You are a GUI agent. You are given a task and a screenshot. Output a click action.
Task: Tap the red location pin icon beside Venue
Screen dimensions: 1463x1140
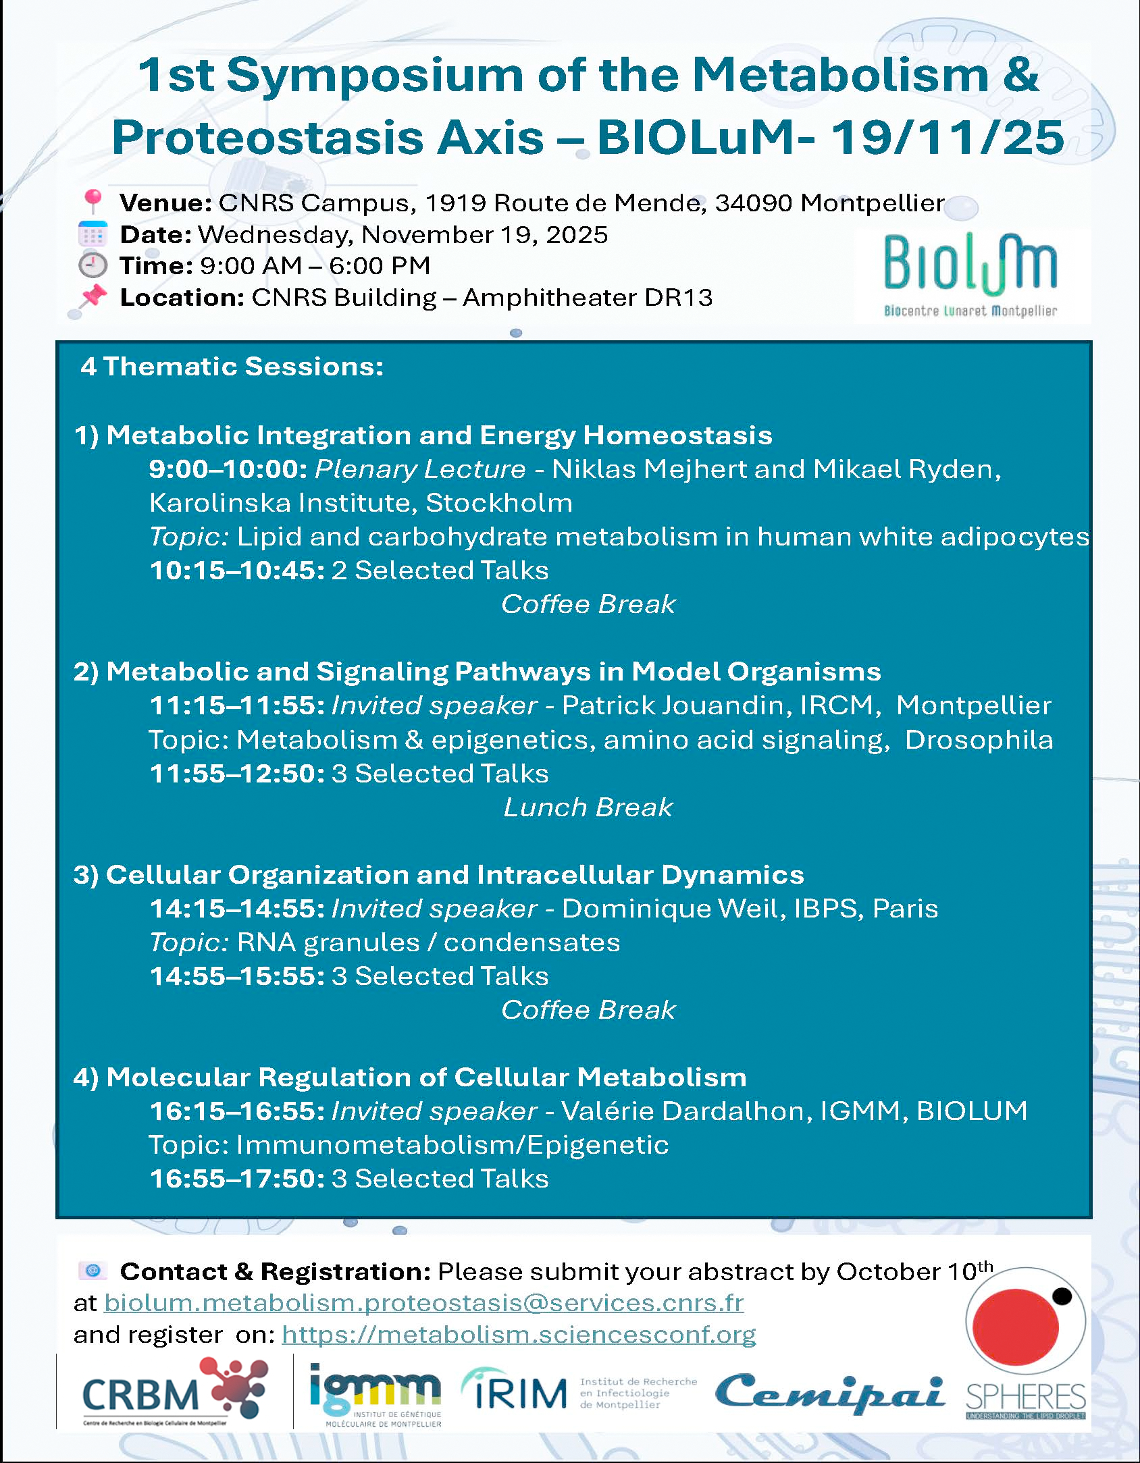pos(93,201)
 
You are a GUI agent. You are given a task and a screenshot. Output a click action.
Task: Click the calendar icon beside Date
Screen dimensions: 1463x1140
pos(93,234)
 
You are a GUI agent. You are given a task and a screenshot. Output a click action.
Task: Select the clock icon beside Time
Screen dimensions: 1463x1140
pos(93,265)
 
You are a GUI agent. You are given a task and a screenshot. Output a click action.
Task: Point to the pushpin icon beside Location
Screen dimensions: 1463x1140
pos(93,296)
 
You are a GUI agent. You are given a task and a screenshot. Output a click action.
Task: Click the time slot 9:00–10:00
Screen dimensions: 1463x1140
pos(228,469)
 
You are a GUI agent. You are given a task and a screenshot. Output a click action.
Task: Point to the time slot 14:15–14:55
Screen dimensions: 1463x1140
pos(237,909)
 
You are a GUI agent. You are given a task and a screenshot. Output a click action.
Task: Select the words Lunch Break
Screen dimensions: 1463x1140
pos(588,807)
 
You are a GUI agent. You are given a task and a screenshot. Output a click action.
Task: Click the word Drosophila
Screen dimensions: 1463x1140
pos(979,740)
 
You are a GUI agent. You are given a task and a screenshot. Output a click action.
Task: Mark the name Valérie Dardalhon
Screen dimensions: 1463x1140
pos(687,1111)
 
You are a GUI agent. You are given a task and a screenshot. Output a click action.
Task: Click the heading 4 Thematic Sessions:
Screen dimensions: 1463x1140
pos(232,367)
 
